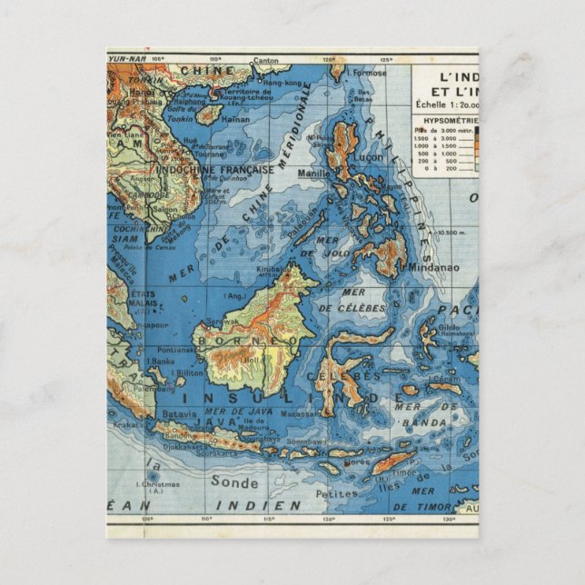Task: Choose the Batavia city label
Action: click(x=178, y=413)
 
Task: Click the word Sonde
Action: click(x=233, y=481)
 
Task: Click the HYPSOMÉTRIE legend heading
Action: click(x=444, y=118)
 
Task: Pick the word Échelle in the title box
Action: click(x=432, y=104)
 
